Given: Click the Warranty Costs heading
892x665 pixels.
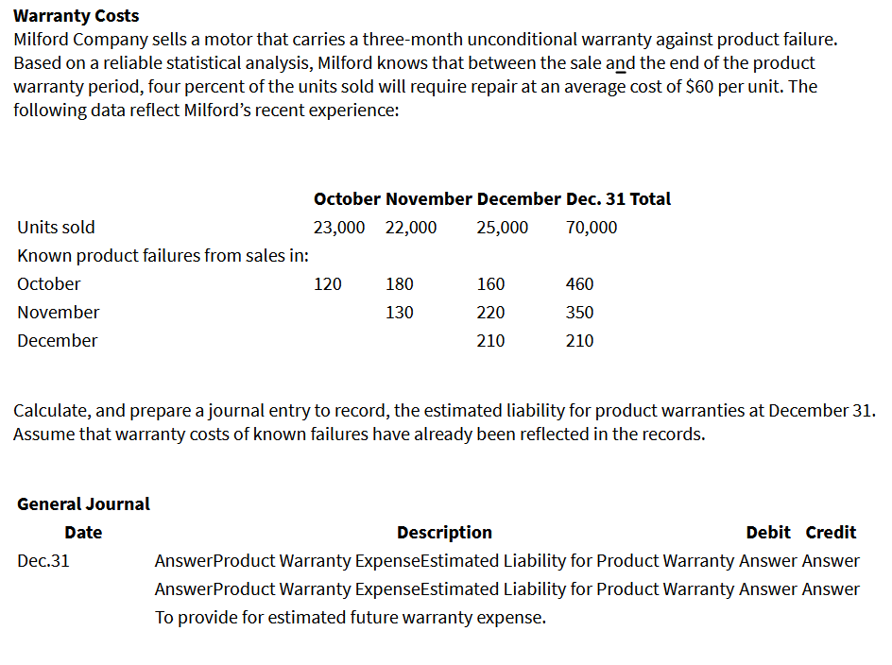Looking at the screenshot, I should click(77, 16).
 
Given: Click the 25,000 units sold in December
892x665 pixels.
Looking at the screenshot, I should click(503, 228).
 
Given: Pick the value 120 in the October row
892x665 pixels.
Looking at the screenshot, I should click(328, 284).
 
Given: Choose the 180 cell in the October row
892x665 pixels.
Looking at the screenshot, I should click(399, 284).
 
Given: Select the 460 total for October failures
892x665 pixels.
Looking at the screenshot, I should click(579, 284).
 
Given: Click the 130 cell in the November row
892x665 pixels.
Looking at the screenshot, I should click(399, 313).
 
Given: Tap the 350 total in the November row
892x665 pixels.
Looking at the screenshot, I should click(579, 313).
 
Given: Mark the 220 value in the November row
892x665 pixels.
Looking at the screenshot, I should click(490, 313).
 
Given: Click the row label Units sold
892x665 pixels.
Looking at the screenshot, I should click(56, 228).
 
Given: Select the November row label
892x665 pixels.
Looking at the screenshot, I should click(58, 313).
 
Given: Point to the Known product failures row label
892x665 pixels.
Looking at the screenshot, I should click(164, 256).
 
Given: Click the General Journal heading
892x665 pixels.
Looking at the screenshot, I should click(83, 504).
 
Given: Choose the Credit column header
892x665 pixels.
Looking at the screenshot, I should click(831, 533).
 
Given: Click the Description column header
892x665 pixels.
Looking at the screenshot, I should click(444, 533).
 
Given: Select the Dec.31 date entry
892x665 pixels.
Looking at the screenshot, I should click(43, 561).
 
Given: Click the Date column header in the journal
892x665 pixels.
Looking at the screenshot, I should click(83, 533).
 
